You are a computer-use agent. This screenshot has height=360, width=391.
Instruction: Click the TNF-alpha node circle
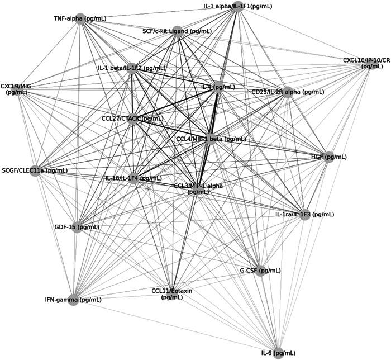coord(79,18)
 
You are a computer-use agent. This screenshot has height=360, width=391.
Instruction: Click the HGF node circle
coord(329,157)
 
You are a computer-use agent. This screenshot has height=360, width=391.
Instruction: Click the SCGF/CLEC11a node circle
coord(35,171)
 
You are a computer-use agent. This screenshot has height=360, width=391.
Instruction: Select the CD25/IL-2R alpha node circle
coord(288,92)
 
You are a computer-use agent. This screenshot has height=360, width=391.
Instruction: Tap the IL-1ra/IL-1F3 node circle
coord(304,215)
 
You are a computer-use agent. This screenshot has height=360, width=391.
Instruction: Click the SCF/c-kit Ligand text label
coord(177,31)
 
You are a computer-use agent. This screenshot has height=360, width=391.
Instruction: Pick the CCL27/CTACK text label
coord(132,119)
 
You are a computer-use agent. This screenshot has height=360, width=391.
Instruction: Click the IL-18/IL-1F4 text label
coord(133,178)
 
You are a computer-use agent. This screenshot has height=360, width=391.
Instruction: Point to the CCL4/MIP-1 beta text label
coord(211,139)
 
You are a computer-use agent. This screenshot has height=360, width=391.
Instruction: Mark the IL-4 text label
coord(218,87)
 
